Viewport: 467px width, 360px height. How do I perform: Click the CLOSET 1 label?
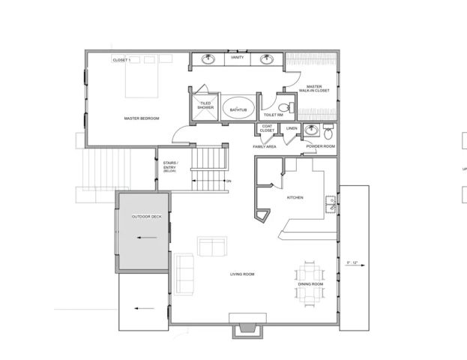coord(121,59)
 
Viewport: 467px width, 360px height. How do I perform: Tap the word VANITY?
coord(238,58)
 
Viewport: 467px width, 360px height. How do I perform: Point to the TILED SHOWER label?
coord(205,107)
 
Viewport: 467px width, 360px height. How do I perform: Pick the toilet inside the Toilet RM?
coord(283,109)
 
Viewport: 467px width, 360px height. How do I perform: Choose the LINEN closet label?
coord(292,128)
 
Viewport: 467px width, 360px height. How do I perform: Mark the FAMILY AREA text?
coord(265,147)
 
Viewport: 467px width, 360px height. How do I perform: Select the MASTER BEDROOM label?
coord(141,118)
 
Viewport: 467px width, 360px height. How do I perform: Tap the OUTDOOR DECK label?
coord(146,216)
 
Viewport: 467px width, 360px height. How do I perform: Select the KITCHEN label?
coord(295,197)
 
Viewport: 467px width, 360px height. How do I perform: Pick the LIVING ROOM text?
coord(242,274)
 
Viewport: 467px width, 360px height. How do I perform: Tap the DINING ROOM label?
coord(310,285)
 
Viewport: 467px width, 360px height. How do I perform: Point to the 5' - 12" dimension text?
coord(353,262)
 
